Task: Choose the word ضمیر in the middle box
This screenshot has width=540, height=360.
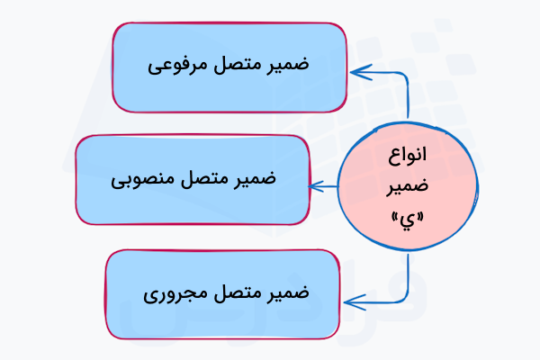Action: [x=255, y=179]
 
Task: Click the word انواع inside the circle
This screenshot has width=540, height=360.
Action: [x=405, y=154]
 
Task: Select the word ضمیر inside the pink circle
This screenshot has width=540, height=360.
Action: [x=405, y=187]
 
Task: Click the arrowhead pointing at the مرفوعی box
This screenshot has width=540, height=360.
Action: [x=357, y=70]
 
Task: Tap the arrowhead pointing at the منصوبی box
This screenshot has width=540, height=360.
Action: [x=315, y=186]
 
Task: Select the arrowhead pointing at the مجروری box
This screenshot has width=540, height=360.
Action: [x=352, y=301]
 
